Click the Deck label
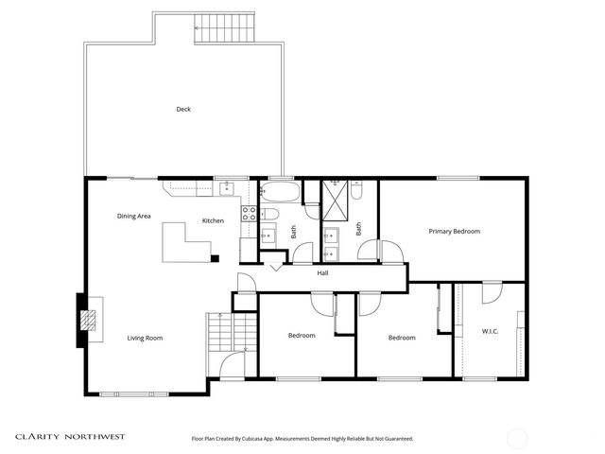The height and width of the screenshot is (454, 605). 183,109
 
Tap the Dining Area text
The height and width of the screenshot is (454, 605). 134,217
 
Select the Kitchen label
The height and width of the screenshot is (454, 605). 213,221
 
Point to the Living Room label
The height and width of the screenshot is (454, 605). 146,338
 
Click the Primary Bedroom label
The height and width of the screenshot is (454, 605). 454,232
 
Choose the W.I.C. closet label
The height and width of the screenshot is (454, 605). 490,331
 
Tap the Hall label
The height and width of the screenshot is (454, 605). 322,273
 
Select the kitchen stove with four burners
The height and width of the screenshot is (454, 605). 249,214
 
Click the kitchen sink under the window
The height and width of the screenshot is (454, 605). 228,189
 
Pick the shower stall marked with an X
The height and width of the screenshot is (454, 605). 335,196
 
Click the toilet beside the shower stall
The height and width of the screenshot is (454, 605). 355,192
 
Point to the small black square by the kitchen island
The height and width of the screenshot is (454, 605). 215,257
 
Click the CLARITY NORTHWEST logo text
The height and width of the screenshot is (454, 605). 69,437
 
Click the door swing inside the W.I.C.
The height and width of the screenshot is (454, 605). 492,293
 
